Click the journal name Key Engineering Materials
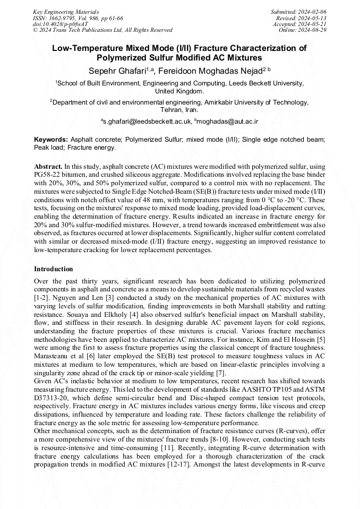(66, 12)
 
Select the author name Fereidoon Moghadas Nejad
(204, 71)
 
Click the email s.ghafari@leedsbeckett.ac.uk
(146, 122)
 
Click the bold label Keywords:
(51, 139)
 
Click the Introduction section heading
(54, 269)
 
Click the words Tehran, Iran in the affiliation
(179, 110)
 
